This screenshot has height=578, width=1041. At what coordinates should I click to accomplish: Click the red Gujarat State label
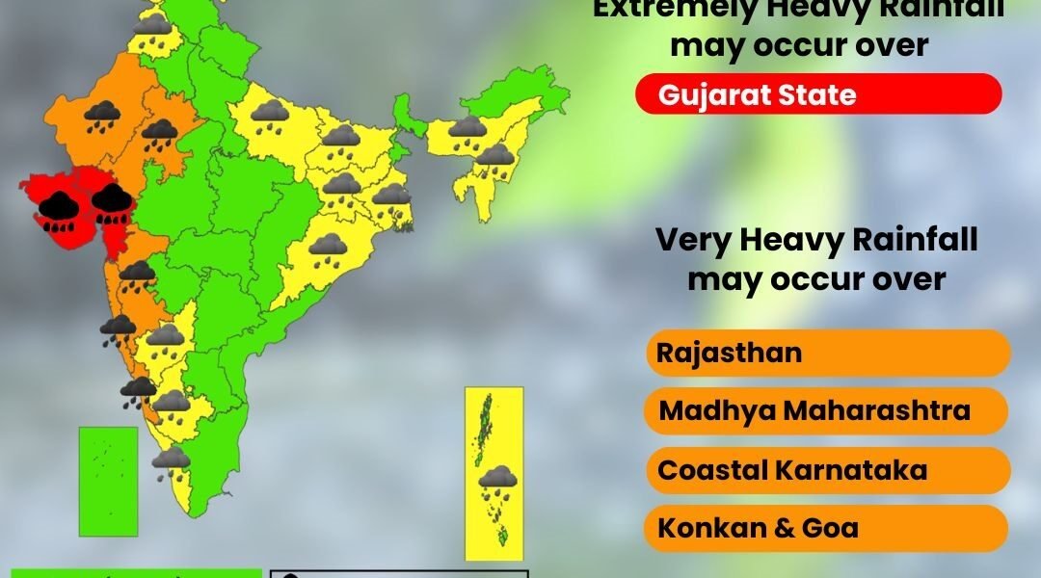818,94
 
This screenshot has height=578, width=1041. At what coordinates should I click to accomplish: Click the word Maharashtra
876,411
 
